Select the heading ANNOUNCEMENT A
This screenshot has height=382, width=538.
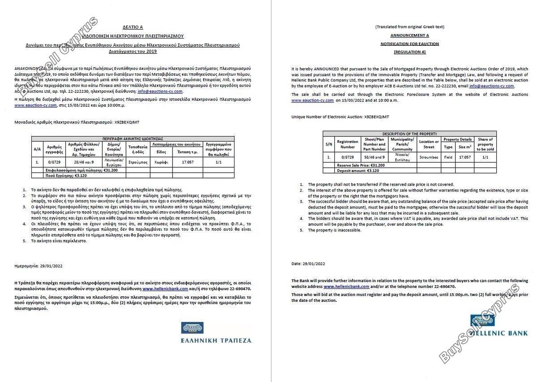tap(409, 35)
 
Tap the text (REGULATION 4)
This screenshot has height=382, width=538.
tap(409, 52)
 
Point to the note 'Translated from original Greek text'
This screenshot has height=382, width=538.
tap(409, 27)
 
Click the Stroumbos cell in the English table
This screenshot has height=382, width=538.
tap(429, 157)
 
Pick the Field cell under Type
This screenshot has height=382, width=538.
tap(448, 157)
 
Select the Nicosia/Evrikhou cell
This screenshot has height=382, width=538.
tap(402, 157)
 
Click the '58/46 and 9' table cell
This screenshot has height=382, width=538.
tap(374, 157)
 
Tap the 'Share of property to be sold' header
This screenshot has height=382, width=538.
tap(485, 144)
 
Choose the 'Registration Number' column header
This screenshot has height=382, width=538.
tap(347, 144)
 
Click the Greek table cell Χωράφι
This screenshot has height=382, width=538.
tap(161, 162)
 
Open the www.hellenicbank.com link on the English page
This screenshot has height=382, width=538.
tap(346, 286)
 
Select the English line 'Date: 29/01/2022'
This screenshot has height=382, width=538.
tap(308, 264)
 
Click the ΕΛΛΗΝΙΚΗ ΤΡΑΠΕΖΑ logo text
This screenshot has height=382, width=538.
tap(216, 340)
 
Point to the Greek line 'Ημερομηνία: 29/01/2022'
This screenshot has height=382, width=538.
tap(39, 266)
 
